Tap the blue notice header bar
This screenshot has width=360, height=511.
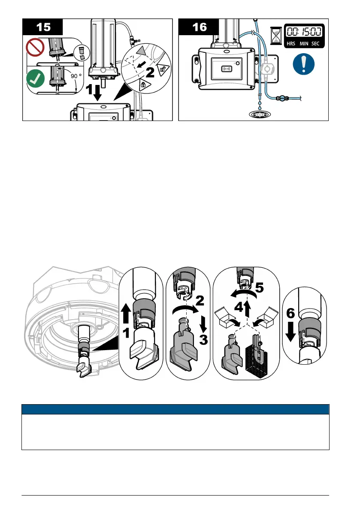click(x=175, y=409)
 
